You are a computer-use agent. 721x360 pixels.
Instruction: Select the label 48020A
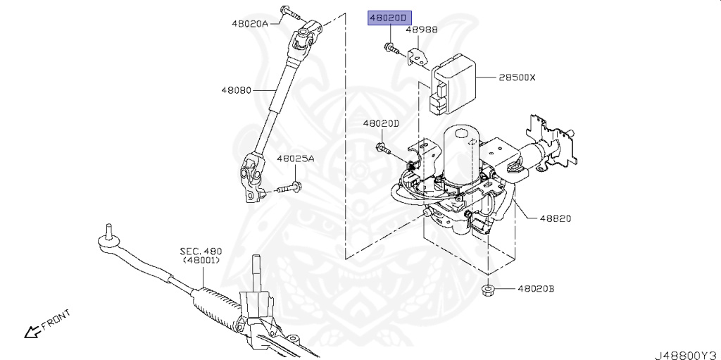(249, 23)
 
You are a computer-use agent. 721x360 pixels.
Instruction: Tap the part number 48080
(237, 90)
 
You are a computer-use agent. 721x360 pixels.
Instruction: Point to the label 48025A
(295, 159)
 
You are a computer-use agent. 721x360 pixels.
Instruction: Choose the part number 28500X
(517, 77)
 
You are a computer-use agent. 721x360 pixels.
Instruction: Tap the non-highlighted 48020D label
(381, 123)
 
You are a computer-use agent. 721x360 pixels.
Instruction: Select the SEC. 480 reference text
(200, 251)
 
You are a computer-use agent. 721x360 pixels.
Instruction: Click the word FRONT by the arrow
(55, 320)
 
